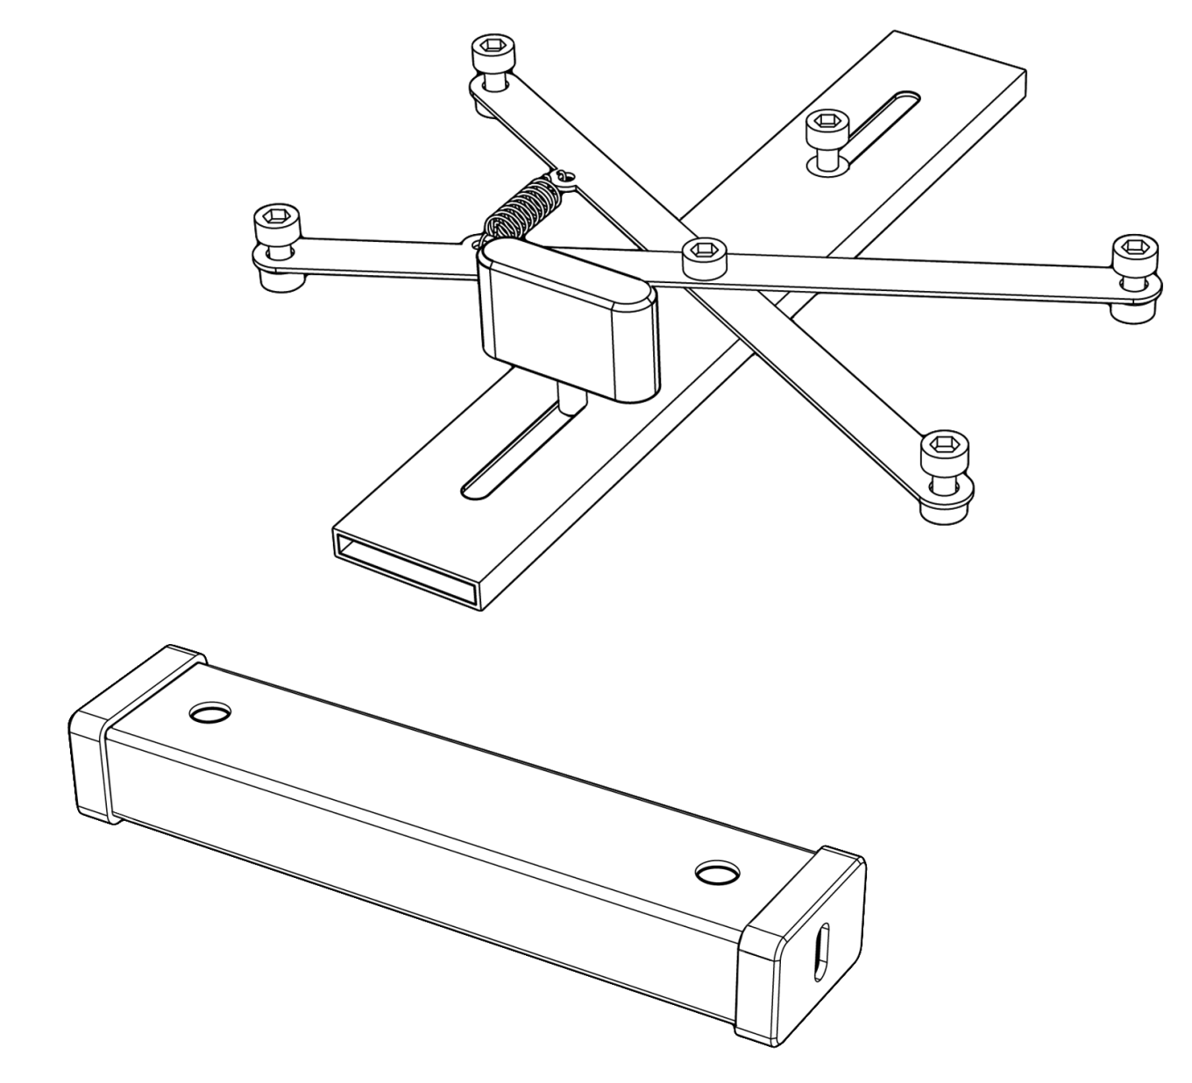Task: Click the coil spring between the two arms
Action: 522,209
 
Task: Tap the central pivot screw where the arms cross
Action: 706,255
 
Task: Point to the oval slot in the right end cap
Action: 821,949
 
